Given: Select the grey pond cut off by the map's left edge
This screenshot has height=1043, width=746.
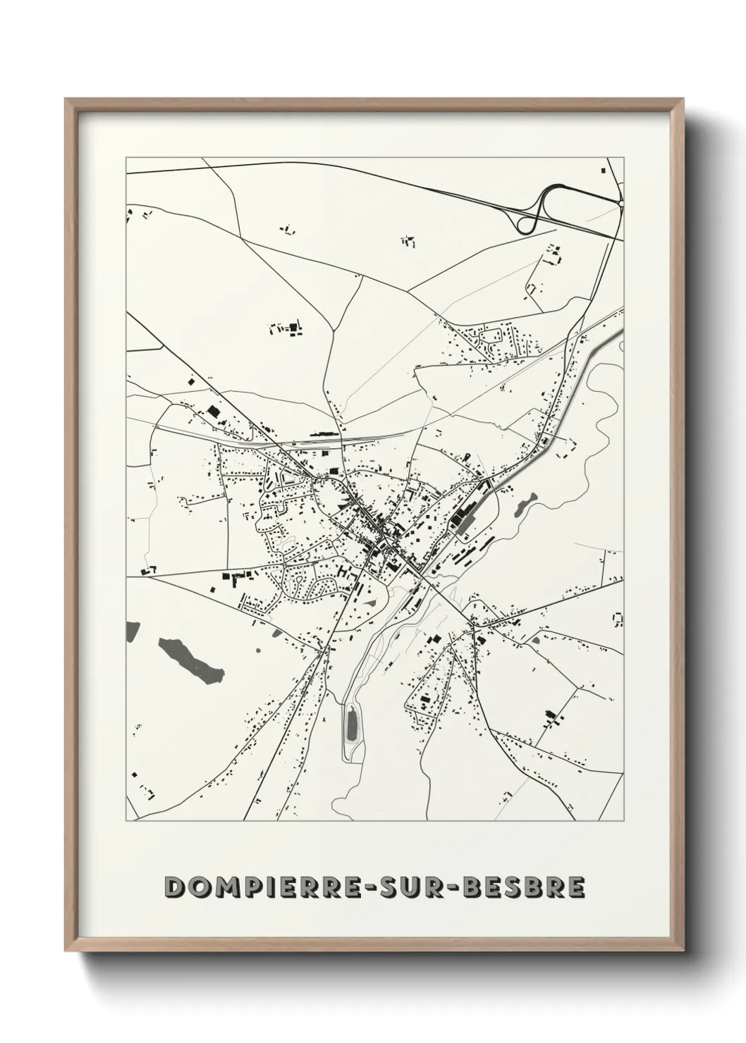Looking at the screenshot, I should (x=130, y=631).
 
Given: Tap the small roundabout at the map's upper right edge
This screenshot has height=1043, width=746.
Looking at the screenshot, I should (x=621, y=203).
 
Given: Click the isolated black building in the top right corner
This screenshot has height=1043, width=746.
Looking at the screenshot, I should (x=604, y=170).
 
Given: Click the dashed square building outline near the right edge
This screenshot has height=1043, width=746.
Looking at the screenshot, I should (x=618, y=619).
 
